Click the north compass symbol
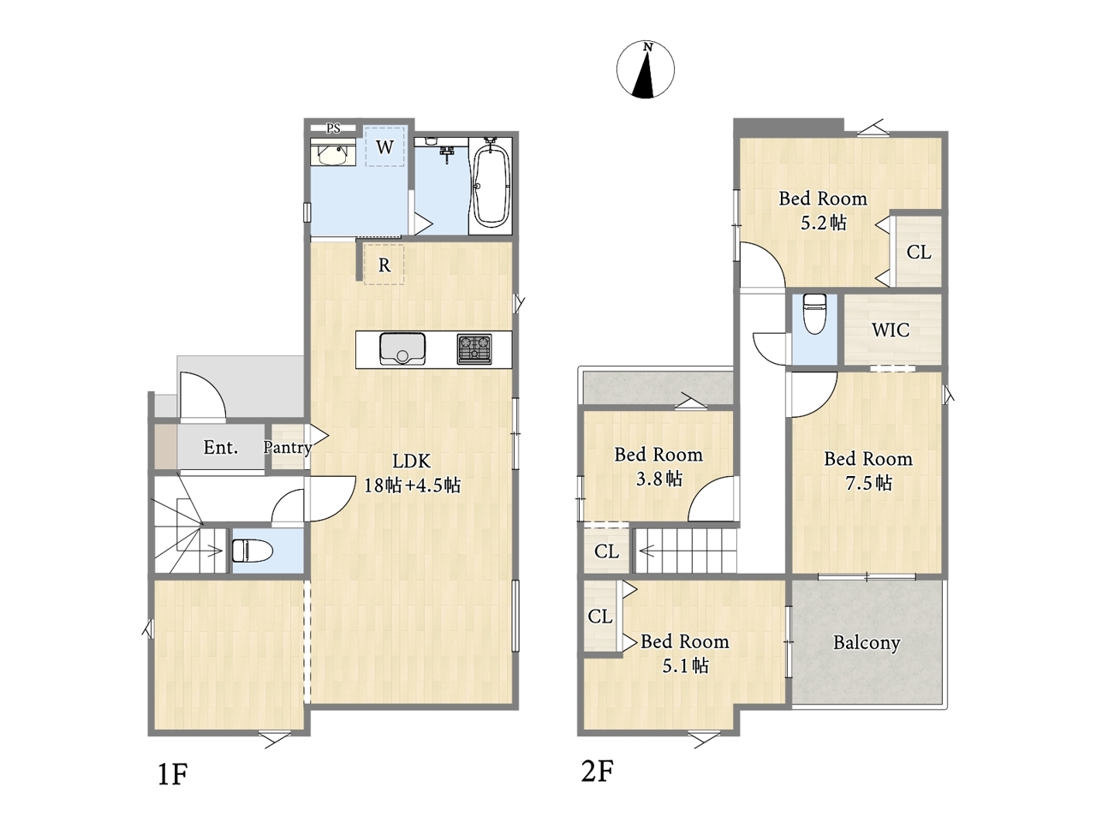pyautogui.click(x=645, y=69)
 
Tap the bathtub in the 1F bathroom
pyautogui.click(x=491, y=185)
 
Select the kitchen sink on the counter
pyautogui.click(x=402, y=348)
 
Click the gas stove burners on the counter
pyautogui.click(x=474, y=348)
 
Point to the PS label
pyautogui.click(x=333, y=128)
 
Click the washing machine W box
pyautogui.click(x=384, y=146)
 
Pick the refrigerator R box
pyautogui.click(x=384, y=265)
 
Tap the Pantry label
pyautogui.click(x=288, y=447)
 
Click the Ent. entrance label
pyautogui.click(x=221, y=447)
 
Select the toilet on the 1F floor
pyautogui.click(x=252, y=551)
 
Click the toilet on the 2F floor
pyautogui.click(x=814, y=313)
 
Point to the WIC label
pyautogui.click(x=890, y=330)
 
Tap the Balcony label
pyautogui.click(x=867, y=643)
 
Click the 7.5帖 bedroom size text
pyautogui.click(x=868, y=483)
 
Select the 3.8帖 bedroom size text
pyautogui.click(x=659, y=479)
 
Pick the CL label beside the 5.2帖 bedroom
pyautogui.click(x=919, y=252)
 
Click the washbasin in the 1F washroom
pyautogui.click(x=333, y=155)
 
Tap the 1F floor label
pyautogui.click(x=172, y=775)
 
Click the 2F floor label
pyautogui.click(x=597, y=771)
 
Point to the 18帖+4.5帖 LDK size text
pyautogui.click(x=412, y=485)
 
